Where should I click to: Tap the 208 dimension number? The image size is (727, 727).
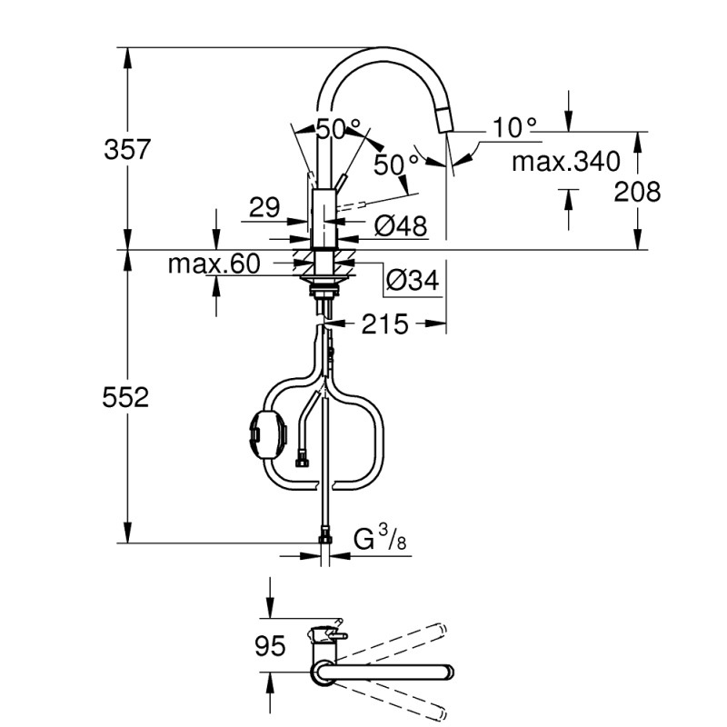tap(636, 191)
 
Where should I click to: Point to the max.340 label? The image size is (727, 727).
tap(565, 163)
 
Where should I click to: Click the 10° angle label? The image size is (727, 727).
tap(516, 127)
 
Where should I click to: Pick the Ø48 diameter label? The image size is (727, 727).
tap(401, 226)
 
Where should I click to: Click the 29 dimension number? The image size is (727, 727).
tap(264, 208)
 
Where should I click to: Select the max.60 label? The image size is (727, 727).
tap(214, 264)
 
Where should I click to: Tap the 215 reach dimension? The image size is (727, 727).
tap(386, 323)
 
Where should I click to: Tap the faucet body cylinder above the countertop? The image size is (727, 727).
tap(324, 218)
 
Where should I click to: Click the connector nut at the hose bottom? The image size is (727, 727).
tap(324, 540)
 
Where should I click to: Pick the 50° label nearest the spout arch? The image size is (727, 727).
tap(337, 128)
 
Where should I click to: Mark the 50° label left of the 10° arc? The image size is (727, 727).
tap(396, 164)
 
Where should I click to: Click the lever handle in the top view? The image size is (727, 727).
tap(328, 632)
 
